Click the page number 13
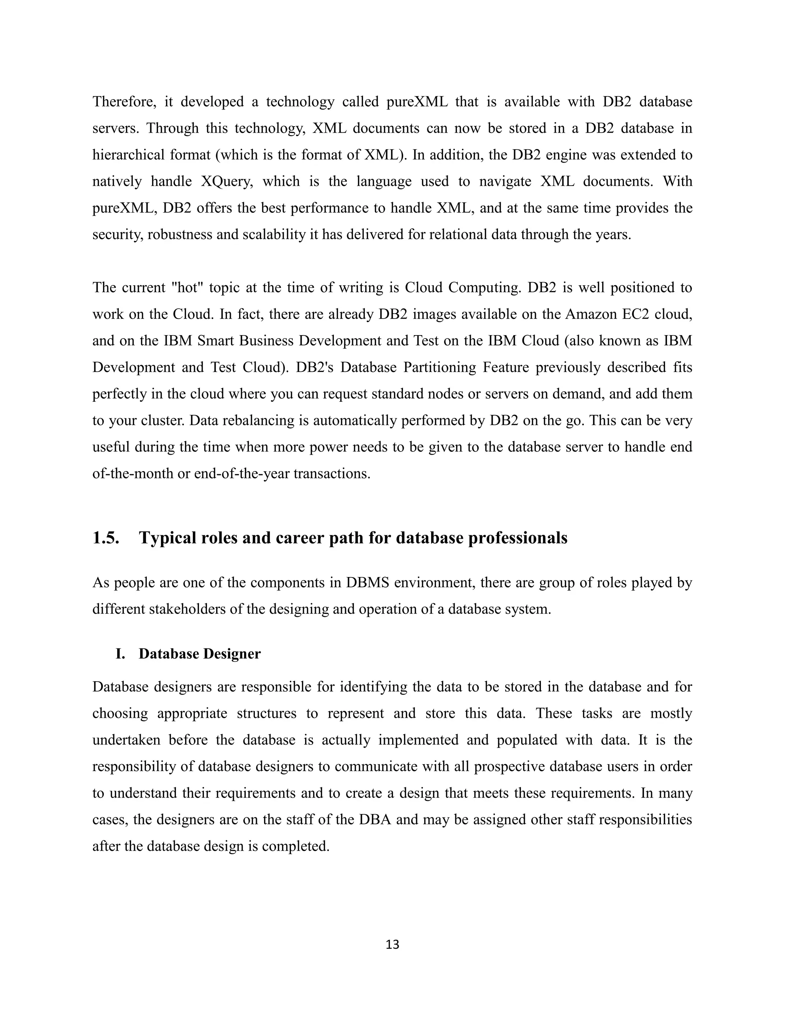pos(392,944)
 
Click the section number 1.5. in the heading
pos(106,538)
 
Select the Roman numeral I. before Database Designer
pos(120,654)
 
